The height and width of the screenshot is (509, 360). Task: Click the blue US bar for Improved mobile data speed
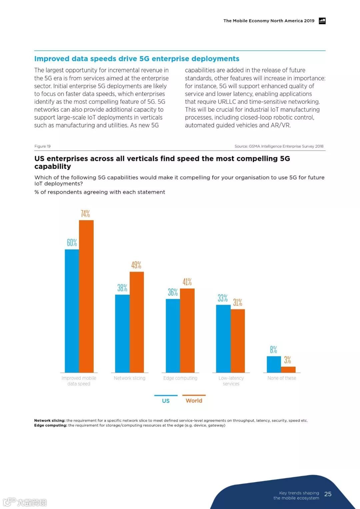[72, 311]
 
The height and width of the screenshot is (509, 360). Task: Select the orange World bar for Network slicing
[137, 322]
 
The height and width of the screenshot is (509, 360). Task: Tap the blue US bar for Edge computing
[173, 335]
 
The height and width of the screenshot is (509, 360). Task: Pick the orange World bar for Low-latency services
[238, 341]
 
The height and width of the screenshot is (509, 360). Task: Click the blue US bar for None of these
[274, 364]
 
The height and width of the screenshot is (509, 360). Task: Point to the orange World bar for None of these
[288, 369]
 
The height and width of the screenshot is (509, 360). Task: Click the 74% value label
[85, 214]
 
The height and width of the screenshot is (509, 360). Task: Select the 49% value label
[136, 265]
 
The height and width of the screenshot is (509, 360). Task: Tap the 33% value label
[223, 298]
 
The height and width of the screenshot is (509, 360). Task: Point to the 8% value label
[273, 349]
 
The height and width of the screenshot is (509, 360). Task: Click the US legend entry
[166, 401]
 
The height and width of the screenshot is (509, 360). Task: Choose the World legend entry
[194, 401]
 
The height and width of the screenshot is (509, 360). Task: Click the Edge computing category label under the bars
[180, 378]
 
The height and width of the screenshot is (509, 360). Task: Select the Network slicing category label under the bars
[130, 378]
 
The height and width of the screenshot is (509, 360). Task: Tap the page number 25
[328, 494]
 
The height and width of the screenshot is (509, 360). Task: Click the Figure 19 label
[42, 146]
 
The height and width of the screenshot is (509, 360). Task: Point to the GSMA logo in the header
[322, 21]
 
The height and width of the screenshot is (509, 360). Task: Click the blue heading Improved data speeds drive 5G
[137, 59]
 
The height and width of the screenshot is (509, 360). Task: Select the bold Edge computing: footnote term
[51, 425]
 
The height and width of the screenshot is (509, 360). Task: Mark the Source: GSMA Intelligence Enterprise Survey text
[279, 146]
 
